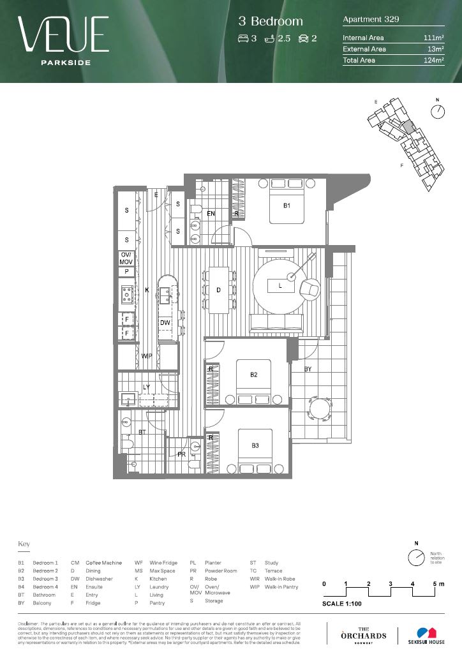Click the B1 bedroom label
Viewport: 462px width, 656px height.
[x=287, y=206]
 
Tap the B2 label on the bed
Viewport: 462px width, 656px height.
[x=253, y=375]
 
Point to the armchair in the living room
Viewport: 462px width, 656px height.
[x=311, y=289]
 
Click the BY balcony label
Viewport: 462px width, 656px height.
[x=308, y=369]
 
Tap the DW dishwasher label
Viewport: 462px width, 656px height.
[x=165, y=323]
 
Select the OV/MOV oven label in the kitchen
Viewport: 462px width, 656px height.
[x=126, y=258]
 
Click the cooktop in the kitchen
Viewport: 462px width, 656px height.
[x=126, y=294]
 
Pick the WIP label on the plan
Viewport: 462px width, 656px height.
[x=147, y=355]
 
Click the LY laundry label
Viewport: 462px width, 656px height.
[x=146, y=387]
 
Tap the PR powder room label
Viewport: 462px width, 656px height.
[x=181, y=454]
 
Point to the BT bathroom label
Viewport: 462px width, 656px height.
[x=142, y=432]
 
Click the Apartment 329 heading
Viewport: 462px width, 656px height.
[x=371, y=19]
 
